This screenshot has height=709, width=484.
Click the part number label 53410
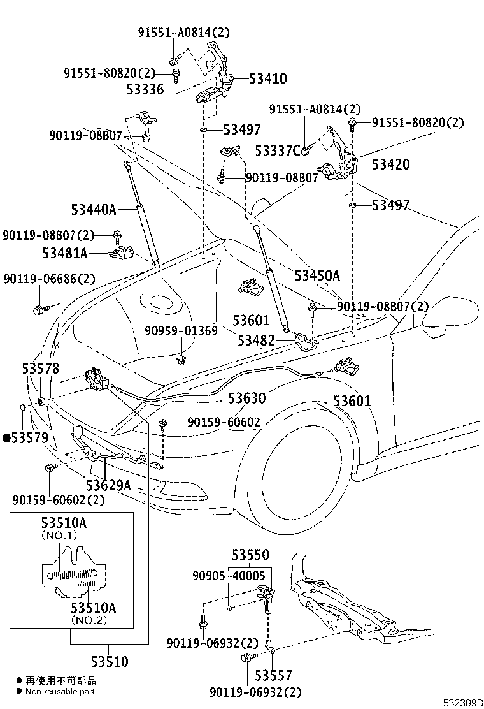point(267,78)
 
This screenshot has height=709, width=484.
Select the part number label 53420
point(390,164)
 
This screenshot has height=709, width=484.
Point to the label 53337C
point(277,151)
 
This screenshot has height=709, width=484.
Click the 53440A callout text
point(94,209)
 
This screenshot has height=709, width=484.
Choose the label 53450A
point(317,275)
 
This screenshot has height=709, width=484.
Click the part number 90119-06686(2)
point(49,279)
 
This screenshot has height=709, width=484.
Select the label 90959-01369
point(181,331)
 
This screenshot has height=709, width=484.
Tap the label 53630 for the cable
point(247,398)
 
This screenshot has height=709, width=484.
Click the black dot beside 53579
point(7,437)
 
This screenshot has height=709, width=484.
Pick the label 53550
point(250,555)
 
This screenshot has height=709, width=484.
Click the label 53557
point(274,675)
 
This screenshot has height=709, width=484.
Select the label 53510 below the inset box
point(110,662)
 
